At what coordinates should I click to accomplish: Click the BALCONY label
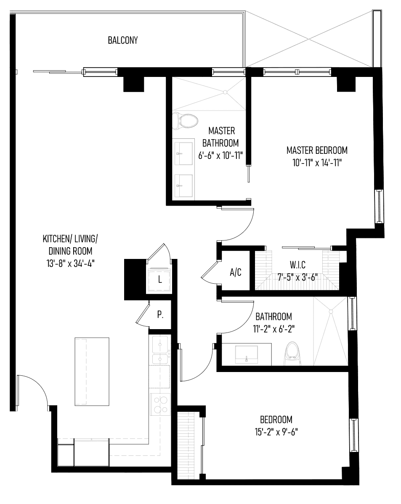coord(122,40)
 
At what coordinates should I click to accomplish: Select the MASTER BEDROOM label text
coord(317,150)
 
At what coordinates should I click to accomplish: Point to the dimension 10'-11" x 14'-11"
coord(317,163)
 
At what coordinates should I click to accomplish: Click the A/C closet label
coord(236,272)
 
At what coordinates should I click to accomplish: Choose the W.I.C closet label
coord(297,265)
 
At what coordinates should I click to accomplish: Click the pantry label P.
coord(160,315)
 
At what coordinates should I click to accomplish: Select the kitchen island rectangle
coord(92,371)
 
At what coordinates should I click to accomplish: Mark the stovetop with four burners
coord(160,404)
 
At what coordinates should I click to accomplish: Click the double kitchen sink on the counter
coord(160,350)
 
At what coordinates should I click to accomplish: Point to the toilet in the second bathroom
coord(292,354)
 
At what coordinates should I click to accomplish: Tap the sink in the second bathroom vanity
coord(247,354)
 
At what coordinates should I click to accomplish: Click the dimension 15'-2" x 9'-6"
coord(276,432)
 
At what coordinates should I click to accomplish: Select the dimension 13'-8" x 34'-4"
coord(71,264)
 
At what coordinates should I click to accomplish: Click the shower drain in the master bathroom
coord(225,92)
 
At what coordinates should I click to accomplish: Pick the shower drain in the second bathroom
coord(330,311)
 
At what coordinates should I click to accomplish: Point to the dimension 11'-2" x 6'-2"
coord(274,329)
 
